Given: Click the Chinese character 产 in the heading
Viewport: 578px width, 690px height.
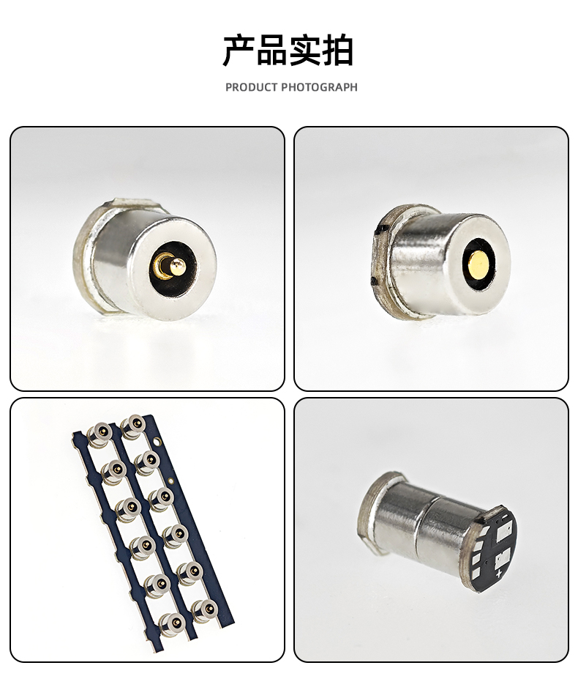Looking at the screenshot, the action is (239, 51).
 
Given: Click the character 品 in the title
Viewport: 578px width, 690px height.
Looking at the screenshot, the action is (272, 51).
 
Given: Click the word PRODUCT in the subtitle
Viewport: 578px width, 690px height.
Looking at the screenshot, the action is (252, 87).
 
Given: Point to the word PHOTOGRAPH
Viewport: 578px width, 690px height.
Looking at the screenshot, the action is (320, 87).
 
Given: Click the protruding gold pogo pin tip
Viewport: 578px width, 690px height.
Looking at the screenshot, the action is (177, 265).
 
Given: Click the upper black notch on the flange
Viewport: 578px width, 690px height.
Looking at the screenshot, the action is (381, 229).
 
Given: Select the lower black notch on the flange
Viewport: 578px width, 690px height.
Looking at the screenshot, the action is (374, 281).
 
